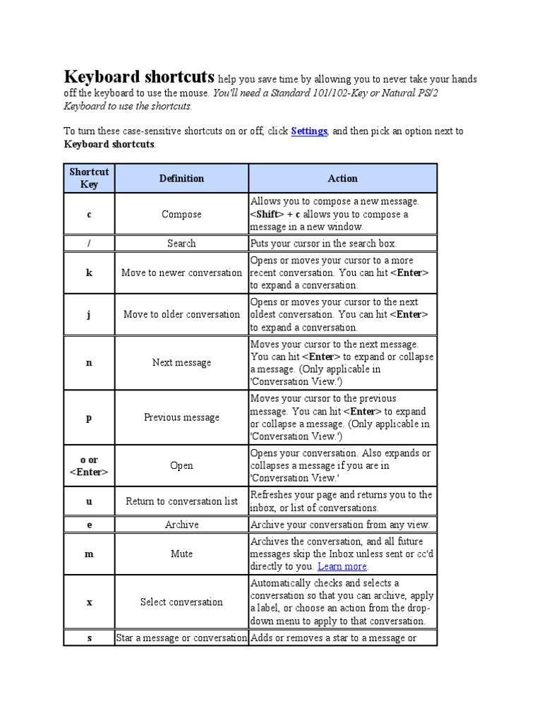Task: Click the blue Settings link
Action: click(x=308, y=131)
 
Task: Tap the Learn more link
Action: click(x=342, y=566)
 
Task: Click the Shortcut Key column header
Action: click(x=89, y=179)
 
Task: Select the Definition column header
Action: click(x=181, y=179)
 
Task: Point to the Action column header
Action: click(x=343, y=179)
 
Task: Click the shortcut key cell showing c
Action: click(x=89, y=215)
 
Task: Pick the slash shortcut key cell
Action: click(x=89, y=244)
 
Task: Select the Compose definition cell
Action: click(x=181, y=215)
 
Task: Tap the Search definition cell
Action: click(x=181, y=244)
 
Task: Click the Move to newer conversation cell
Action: click(x=181, y=273)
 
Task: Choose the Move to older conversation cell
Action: click(x=181, y=315)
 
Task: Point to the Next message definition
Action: click(x=181, y=363)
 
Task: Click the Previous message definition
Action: click(x=181, y=417)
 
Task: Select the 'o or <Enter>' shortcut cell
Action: click(x=89, y=466)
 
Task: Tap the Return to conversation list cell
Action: click(x=181, y=501)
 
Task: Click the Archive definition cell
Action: click(x=181, y=525)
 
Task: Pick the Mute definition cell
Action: click(x=181, y=554)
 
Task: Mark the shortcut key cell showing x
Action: click(x=89, y=602)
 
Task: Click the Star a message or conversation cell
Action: click(x=181, y=638)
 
